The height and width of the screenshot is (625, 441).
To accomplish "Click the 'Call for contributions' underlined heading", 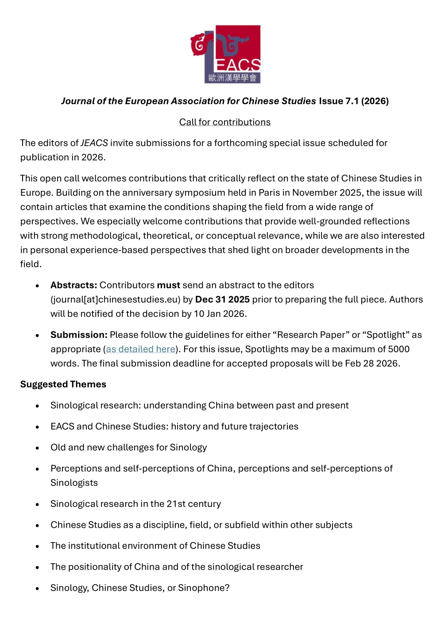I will pos(224,122).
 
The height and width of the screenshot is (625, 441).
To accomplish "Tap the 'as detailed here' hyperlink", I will pos(140,349).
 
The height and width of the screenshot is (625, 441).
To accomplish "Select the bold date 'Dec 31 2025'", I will pos(222,299).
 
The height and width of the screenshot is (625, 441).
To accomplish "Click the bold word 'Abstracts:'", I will pos(73,285).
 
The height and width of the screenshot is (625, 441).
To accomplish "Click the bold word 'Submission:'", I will pos(79,335).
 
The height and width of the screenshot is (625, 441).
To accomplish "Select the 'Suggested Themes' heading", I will pos(63,384).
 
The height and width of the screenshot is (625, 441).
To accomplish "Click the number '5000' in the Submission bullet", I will pos(398,349).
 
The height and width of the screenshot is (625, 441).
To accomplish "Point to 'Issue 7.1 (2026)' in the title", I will pos(353,101).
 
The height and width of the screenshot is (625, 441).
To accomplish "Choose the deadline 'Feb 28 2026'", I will pos(371,363).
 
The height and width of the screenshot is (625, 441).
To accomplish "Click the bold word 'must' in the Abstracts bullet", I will pos(168,285).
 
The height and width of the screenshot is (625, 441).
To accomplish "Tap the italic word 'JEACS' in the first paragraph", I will pos(94,143).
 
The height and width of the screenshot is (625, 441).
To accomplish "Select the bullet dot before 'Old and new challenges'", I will pos(38,448).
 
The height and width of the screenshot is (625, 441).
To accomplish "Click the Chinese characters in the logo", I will pos(232,78).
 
